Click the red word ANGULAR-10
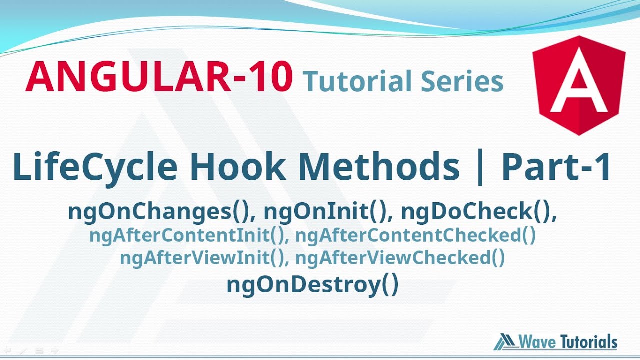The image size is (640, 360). (159, 77)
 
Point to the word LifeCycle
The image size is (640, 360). (95, 167)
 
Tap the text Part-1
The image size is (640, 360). (556, 167)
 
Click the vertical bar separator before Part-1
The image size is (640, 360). (480, 168)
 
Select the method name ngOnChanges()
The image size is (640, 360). (158, 212)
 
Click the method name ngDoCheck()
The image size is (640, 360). (478, 212)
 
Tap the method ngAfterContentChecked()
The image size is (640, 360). (415, 235)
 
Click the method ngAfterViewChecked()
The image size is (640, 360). (400, 258)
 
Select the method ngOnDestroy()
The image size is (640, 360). (312, 285)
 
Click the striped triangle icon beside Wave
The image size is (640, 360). (505, 342)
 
